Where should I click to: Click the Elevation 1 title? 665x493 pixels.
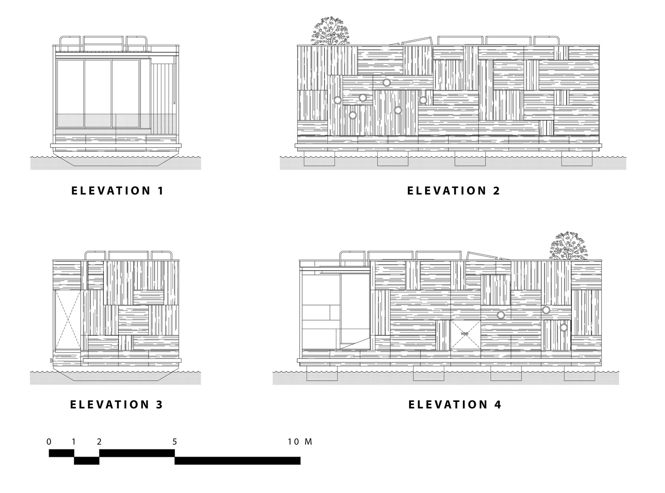117,190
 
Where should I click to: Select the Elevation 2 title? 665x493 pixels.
453,190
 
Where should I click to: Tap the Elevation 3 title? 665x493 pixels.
117,404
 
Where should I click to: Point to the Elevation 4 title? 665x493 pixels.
455,404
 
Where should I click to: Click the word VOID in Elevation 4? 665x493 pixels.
464,334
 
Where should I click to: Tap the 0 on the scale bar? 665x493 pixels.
49,442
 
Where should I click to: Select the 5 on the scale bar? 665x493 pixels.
174,442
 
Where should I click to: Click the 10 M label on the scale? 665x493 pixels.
300,442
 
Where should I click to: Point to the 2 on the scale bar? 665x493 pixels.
99,442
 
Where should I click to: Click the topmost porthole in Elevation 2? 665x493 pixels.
386,83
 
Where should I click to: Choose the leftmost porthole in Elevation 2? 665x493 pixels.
337,100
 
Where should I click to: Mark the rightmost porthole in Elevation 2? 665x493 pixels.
423,100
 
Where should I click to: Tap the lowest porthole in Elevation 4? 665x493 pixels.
564,327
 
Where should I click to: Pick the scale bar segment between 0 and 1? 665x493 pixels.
61,453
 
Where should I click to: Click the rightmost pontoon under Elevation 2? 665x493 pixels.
577,161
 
